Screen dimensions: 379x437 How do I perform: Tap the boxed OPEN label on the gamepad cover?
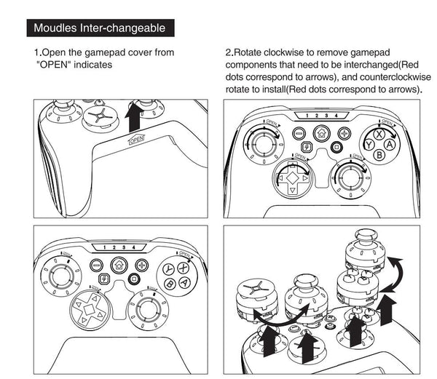[x=137, y=140]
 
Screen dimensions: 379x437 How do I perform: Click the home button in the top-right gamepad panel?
[x=320, y=133]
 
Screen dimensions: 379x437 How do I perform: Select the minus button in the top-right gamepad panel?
[x=298, y=134]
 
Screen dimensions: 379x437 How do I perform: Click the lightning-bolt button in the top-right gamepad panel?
[x=306, y=148]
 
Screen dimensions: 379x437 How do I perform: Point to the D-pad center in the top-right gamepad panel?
[x=292, y=177]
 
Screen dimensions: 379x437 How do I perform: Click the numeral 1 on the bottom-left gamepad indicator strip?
[x=105, y=247]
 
